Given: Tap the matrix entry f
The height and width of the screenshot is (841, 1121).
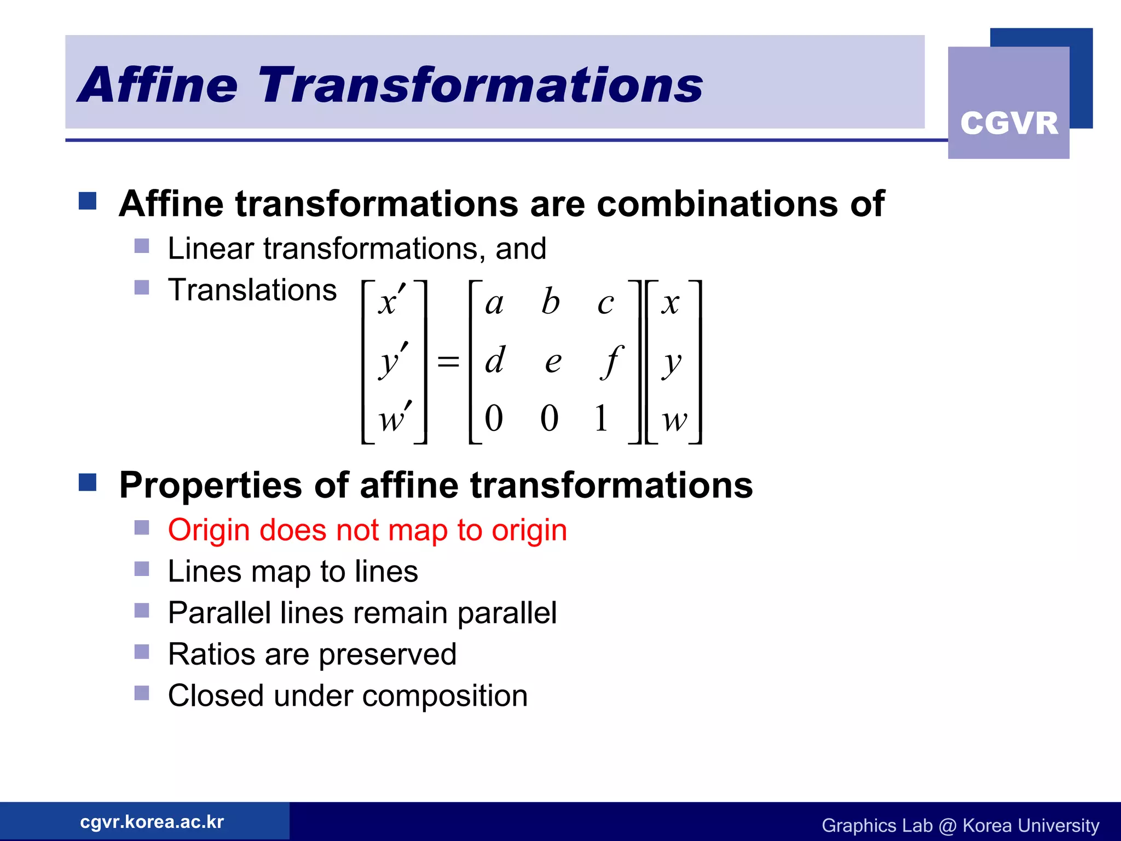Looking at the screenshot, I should [x=611, y=361].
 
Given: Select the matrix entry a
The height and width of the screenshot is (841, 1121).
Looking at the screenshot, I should [x=494, y=303].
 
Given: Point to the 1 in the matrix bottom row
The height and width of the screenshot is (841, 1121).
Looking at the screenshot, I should [x=601, y=418].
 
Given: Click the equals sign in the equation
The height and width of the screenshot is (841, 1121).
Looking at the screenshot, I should [x=448, y=361].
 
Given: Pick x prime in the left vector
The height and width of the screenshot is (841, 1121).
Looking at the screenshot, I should [x=391, y=302].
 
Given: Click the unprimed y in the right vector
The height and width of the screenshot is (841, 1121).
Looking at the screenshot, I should [x=671, y=364].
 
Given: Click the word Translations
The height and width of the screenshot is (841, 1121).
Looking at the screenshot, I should [x=252, y=290].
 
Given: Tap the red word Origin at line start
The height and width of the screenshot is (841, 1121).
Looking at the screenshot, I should [x=209, y=531].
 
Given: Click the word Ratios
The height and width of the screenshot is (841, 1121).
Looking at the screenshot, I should [x=211, y=654].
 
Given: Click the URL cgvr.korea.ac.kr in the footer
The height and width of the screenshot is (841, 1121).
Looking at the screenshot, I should [x=152, y=821].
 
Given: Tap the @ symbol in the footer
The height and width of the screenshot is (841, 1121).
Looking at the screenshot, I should [x=947, y=826].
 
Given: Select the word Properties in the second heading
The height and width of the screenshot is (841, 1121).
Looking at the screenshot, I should [x=211, y=486].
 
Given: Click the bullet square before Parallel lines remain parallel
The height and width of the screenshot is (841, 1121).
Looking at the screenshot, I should [x=142, y=610].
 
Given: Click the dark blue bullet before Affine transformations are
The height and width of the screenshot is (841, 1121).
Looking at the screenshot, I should [x=88, y=201].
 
